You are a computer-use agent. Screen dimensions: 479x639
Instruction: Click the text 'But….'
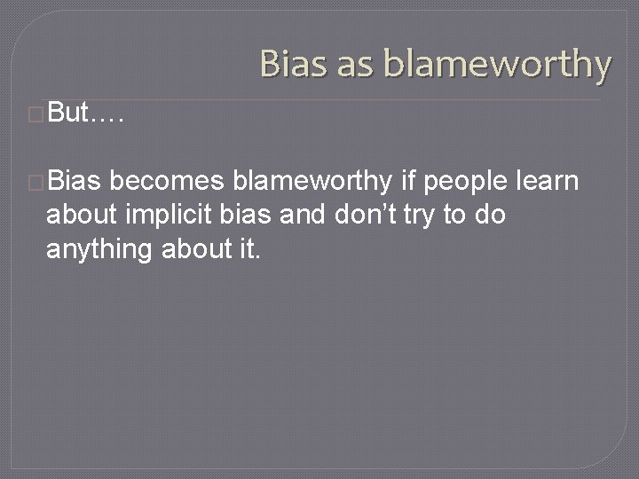click(x=86, y=113)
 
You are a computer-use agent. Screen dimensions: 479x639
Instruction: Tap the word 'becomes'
click(x=169, y=183)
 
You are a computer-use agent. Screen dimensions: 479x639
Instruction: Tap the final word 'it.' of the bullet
click(x=249, y=250)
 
